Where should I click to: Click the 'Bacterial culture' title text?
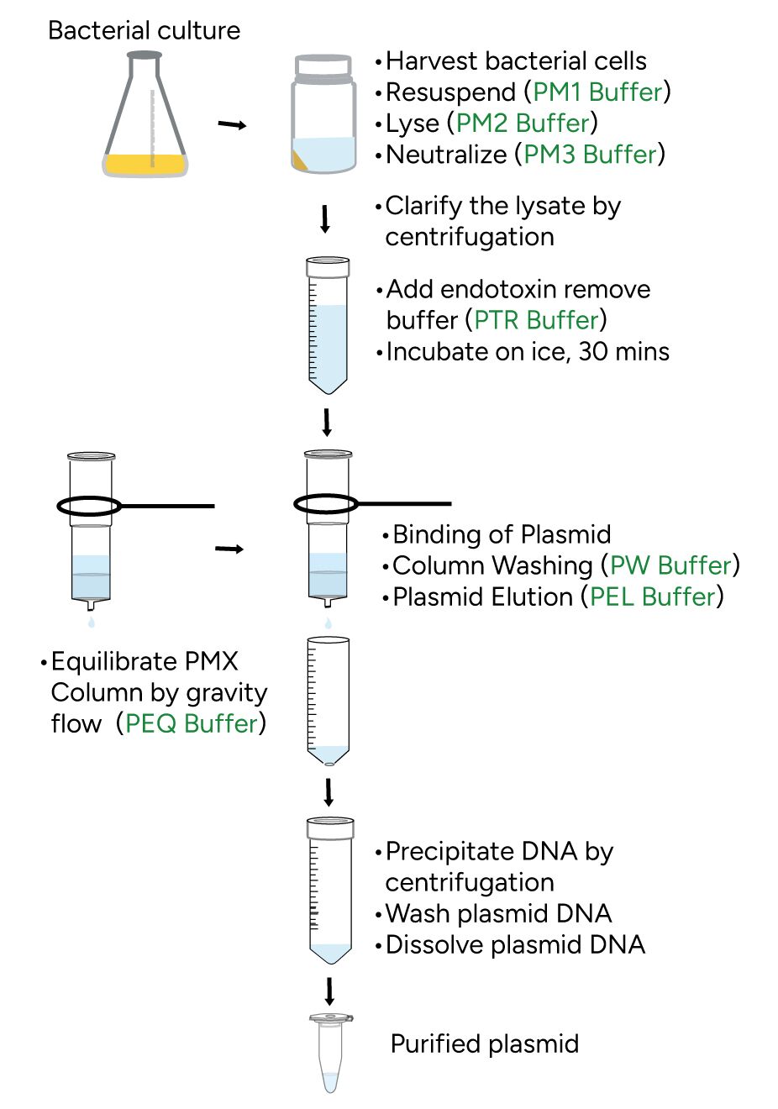click(x=144, y=31)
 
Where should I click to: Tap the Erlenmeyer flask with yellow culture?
click(x=145, y=118)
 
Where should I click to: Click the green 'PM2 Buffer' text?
click(x=523, y=123)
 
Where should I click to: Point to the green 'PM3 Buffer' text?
click(x=590, y=154)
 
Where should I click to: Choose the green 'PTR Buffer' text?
click(x=536, y=320)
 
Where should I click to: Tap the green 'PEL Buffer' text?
click(x=652, y=597)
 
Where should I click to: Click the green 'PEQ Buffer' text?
click(x=191, y=723)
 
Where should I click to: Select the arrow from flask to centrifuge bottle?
click(x=232, y=125)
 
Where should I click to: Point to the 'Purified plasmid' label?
click(x=485, y=1044)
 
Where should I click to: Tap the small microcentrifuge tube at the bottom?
click(x=330, y=1054)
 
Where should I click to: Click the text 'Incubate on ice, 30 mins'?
click(x=528, y=351)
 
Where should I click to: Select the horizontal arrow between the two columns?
click(x=229, y=549)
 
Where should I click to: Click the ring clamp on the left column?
click(x=90, y=506)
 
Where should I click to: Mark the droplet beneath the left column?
click(x=92, y=623)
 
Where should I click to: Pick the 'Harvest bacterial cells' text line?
click(x=516, y=60)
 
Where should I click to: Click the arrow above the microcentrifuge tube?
click(x=329, y=991)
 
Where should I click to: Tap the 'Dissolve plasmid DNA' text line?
click(x=515, y=944)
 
